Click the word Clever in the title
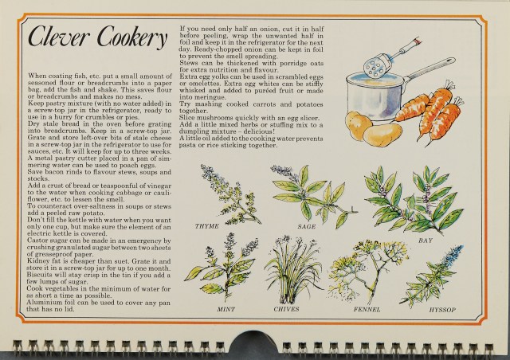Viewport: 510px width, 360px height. click(x=58, y=37)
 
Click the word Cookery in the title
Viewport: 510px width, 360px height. click(x=132, y=37)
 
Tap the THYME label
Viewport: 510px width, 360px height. click(x=207, y=226)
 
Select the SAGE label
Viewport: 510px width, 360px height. click(x=306, y=227)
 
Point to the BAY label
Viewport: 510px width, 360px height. click(x=426, y=241)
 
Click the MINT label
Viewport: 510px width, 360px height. click(x=226, y=309)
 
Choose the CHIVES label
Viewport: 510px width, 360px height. click(x=286, y=309)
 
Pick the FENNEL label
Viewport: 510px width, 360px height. click(x=367, y=310)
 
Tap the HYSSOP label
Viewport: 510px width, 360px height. click(x=442, y=310)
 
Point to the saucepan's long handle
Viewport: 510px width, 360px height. click(x=430, y=69)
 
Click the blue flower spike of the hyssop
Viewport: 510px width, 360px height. click(x=453, y=256)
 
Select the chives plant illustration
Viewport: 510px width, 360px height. click(x=292, y=270)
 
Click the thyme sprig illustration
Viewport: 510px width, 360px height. click(x=229, y=195)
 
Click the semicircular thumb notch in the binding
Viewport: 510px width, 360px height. click(x=253, y=343)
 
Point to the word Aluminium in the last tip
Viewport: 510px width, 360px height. click(x=41, y=303)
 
